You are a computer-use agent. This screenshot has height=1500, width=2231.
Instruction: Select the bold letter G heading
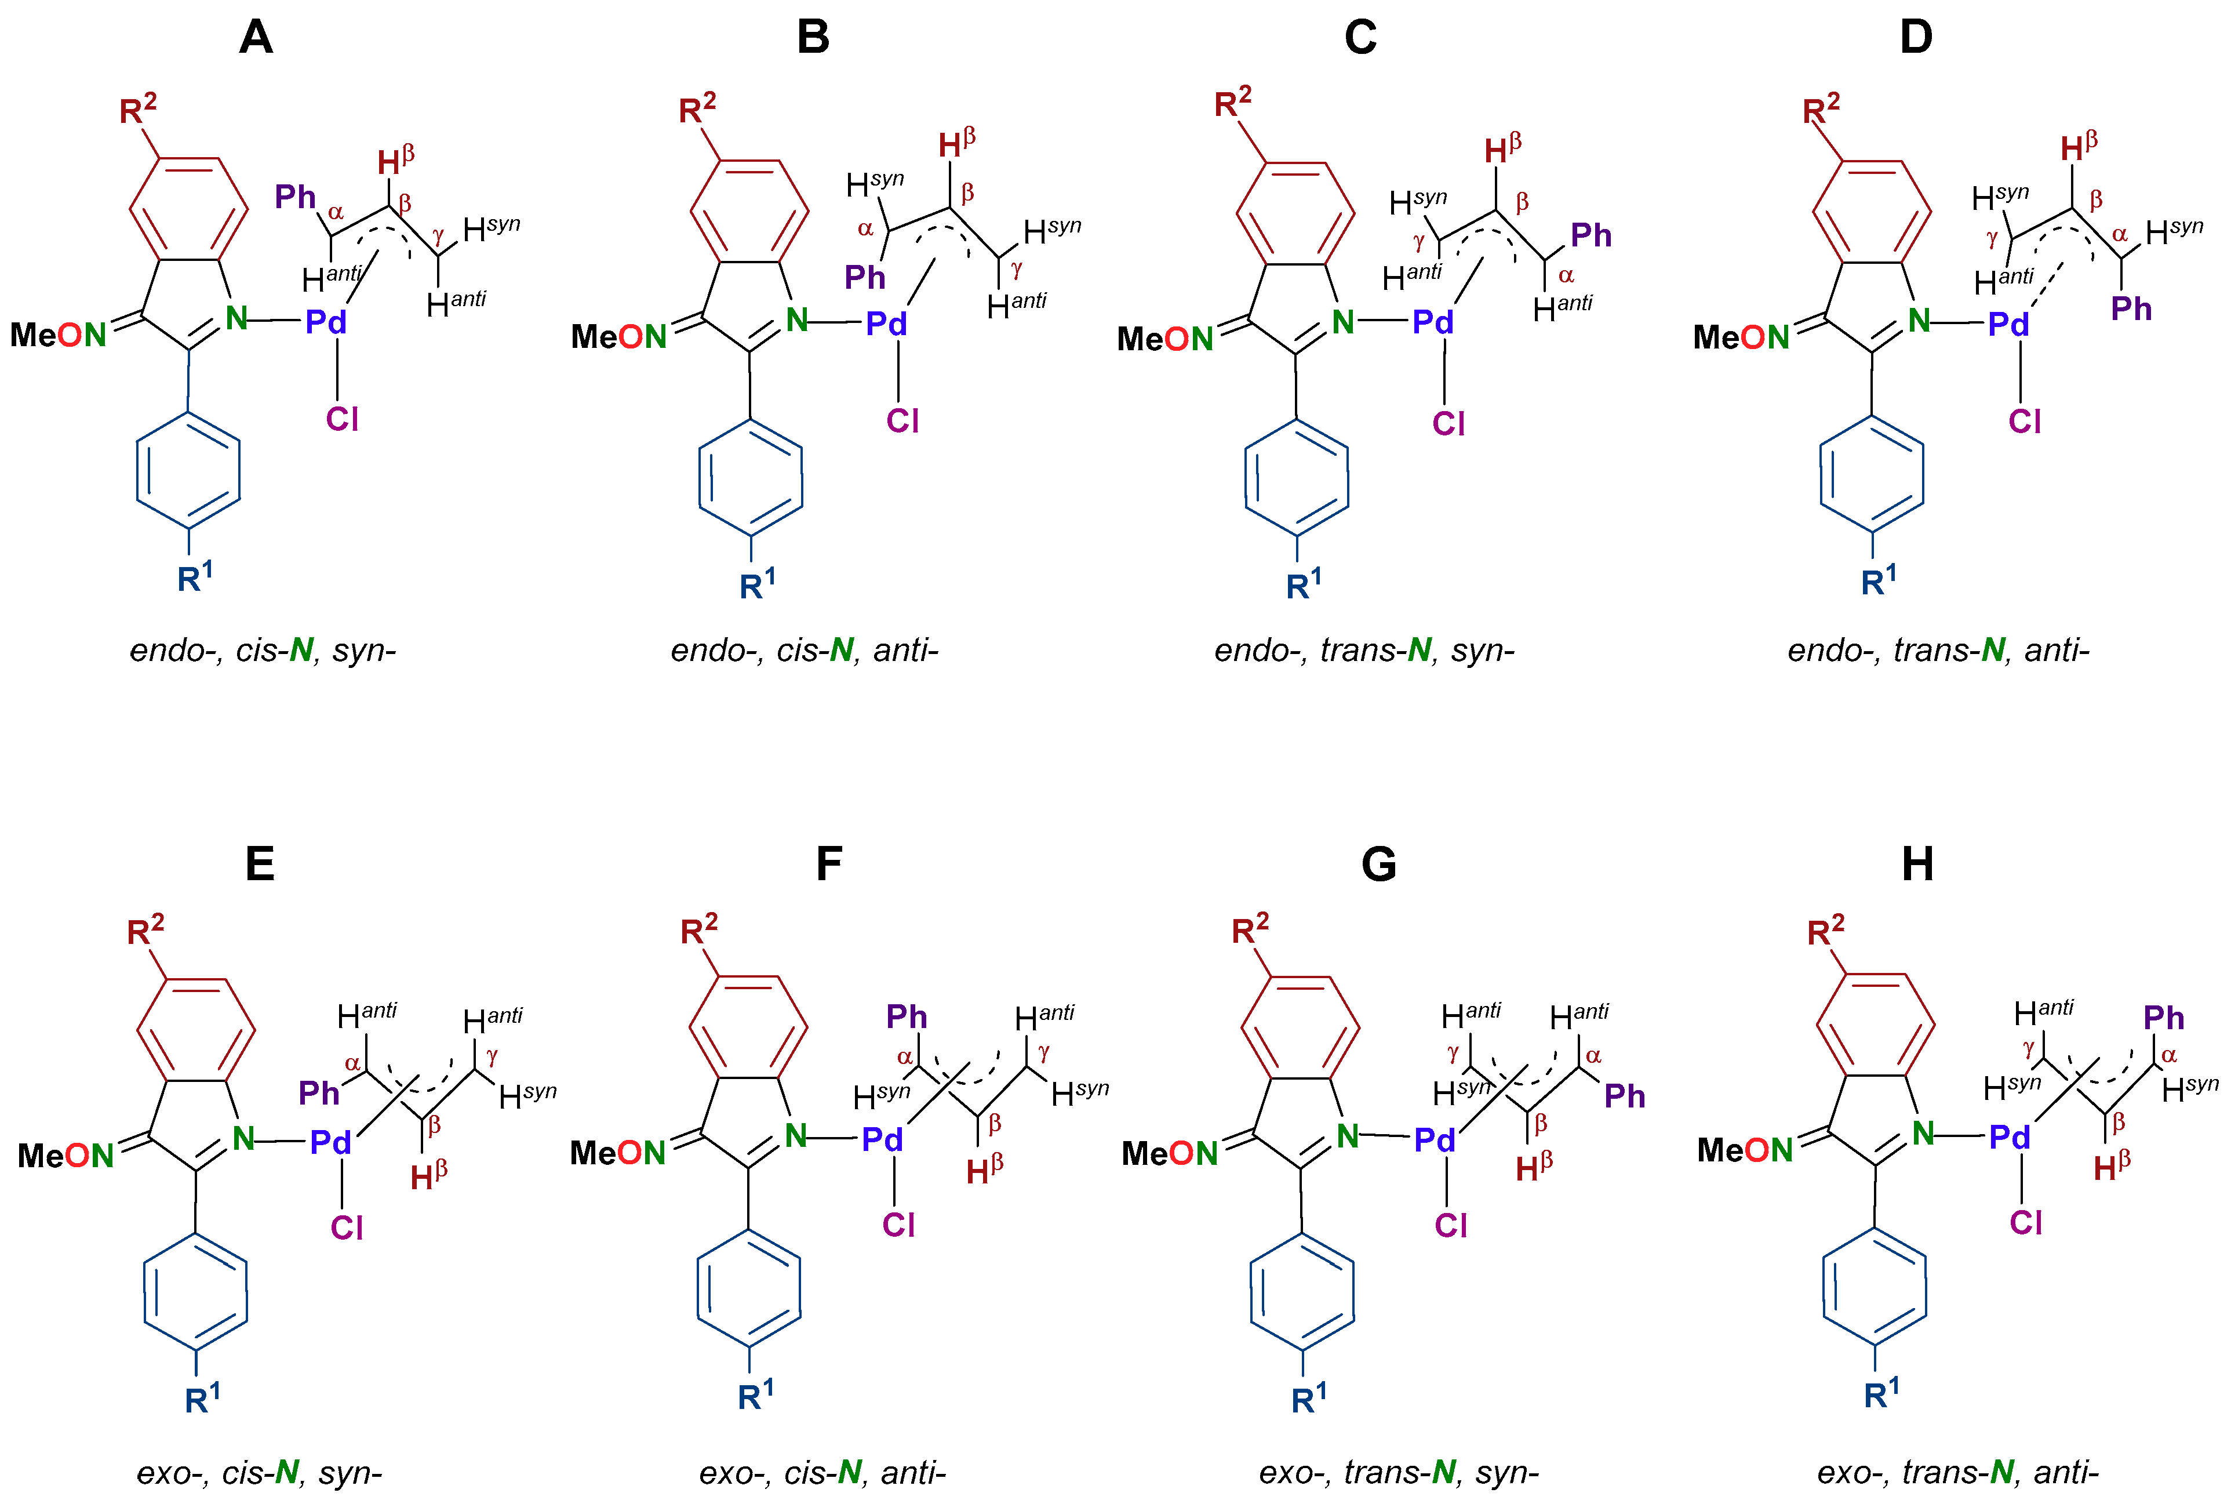[x=1378, y=864]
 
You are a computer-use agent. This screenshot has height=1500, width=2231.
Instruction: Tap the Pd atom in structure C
[x=1432, y=322]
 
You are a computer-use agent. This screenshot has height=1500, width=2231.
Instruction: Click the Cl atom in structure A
[x=343, y=419]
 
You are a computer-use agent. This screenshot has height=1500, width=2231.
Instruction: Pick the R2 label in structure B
[x=697, y=109]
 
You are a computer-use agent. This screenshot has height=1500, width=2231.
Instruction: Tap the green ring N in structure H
[x=1923, y=1134]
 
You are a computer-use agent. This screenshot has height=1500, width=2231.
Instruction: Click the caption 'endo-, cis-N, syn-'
[x=263, y=651]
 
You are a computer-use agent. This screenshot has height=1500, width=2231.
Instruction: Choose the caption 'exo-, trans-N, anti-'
[x=1957, y=1472]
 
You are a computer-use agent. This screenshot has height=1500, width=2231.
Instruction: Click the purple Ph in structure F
[x=907, y=1016]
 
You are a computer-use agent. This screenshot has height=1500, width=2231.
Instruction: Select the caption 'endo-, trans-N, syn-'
[x=1364, y=651]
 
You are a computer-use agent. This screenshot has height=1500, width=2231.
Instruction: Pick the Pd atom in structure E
[x=331, y=1141]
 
